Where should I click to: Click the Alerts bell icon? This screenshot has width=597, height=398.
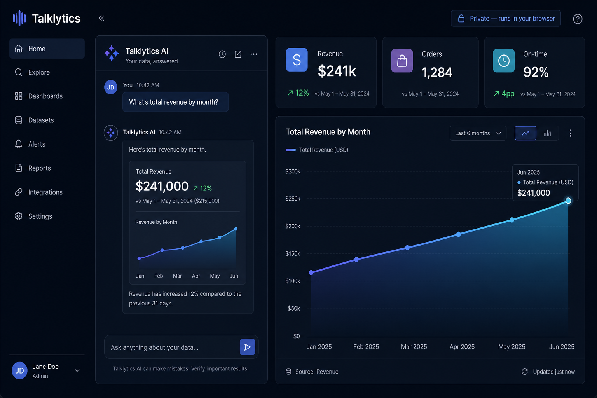[18, 144]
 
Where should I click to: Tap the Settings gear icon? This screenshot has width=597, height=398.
[18, 216]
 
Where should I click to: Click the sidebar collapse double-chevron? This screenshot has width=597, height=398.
[101, 18]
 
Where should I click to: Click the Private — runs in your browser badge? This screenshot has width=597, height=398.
[506, 18]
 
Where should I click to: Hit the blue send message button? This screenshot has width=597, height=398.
[247, 347]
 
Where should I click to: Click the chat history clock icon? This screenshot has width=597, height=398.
[222, 54]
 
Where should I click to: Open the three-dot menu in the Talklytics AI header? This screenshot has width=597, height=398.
[253, 54]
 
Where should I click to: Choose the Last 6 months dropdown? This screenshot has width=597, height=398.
[478, 133]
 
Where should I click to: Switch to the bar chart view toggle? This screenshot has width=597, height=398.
[547, 133]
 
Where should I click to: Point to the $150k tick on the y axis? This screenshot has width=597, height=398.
[293, 253]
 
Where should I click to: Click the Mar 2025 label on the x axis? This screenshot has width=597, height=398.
[414, 347]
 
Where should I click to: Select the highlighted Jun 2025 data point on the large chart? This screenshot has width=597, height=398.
[568, 201]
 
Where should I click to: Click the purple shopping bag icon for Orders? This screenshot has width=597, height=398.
[402, 61]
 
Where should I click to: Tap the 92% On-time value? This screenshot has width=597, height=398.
[536, 72]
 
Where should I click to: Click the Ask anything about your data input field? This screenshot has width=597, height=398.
[172, 347]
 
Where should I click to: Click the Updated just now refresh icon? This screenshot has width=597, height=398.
[524, 372]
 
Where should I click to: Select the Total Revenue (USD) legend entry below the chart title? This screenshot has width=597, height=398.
[317, 150]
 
